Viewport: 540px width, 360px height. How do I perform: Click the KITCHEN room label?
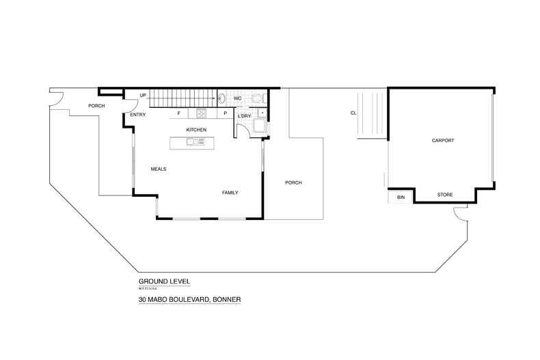pos(196,130)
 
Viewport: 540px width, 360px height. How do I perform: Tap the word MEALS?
pos(159,169)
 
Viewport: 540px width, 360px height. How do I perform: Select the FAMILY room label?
pos(230,193)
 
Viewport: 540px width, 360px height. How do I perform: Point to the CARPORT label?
pos(443,140)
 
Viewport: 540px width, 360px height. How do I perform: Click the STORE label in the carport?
pos(444,195)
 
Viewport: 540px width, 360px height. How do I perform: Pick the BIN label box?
pos(401,197)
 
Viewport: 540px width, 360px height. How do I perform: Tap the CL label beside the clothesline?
pos(353,113)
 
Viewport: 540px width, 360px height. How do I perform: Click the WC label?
pos(238,98)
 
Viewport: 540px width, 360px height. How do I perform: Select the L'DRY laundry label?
pos(244,116)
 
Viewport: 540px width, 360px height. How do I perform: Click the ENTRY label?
pos(137,115)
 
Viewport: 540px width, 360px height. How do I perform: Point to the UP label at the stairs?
pos(143,95)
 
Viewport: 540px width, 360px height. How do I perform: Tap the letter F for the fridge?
pos(179,113)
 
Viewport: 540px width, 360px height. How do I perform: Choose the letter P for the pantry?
pos(225,113)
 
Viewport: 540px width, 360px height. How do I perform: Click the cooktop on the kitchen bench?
pos(202,113)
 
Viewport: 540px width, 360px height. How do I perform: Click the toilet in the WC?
pos(256,98)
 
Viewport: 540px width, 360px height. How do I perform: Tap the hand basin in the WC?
pos(221,99)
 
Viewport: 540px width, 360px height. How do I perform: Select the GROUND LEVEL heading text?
pos(164,281)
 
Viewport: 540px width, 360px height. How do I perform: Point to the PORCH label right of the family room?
pos(293,182)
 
